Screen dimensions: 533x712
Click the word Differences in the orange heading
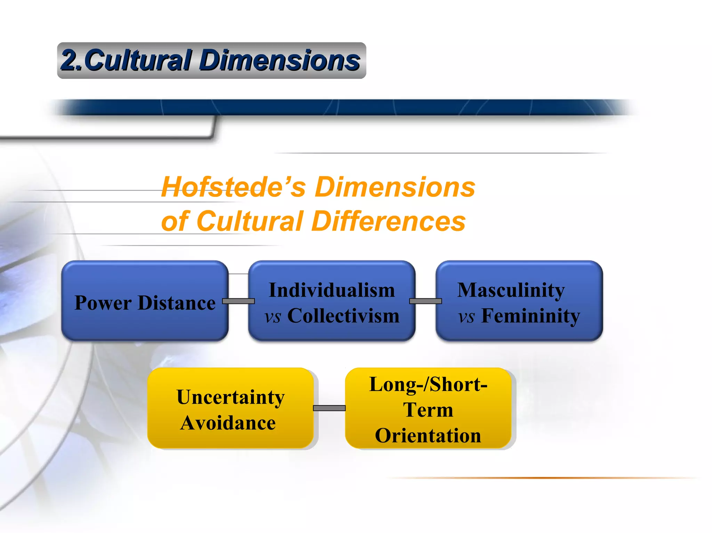point(389,221)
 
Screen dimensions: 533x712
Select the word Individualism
point(332,290)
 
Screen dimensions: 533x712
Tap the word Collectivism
point(343,316)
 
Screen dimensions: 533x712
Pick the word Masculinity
point(511,290)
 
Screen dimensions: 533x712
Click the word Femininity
point(531,316)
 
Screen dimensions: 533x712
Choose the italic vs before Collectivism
point(273,316)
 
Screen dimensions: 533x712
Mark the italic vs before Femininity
point(466,316)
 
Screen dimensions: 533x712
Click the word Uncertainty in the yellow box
point(230,397)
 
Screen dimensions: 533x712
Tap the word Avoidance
point(228,423)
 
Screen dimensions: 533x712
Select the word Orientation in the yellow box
point(428,435)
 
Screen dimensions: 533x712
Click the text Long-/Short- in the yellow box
point(428,384)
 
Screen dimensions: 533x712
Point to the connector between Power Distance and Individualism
point(238,301)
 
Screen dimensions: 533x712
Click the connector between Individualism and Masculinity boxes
point(426,301)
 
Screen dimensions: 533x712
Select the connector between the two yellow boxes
point(329,408)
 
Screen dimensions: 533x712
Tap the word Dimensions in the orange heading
point(395,187)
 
